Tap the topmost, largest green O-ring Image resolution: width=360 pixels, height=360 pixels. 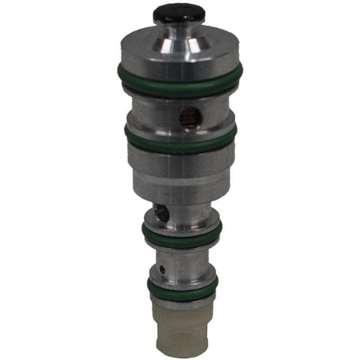tap(180, 81)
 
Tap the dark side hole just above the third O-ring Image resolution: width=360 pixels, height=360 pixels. tap(160, 213)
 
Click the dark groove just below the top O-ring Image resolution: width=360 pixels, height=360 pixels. tap(180, 93)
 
